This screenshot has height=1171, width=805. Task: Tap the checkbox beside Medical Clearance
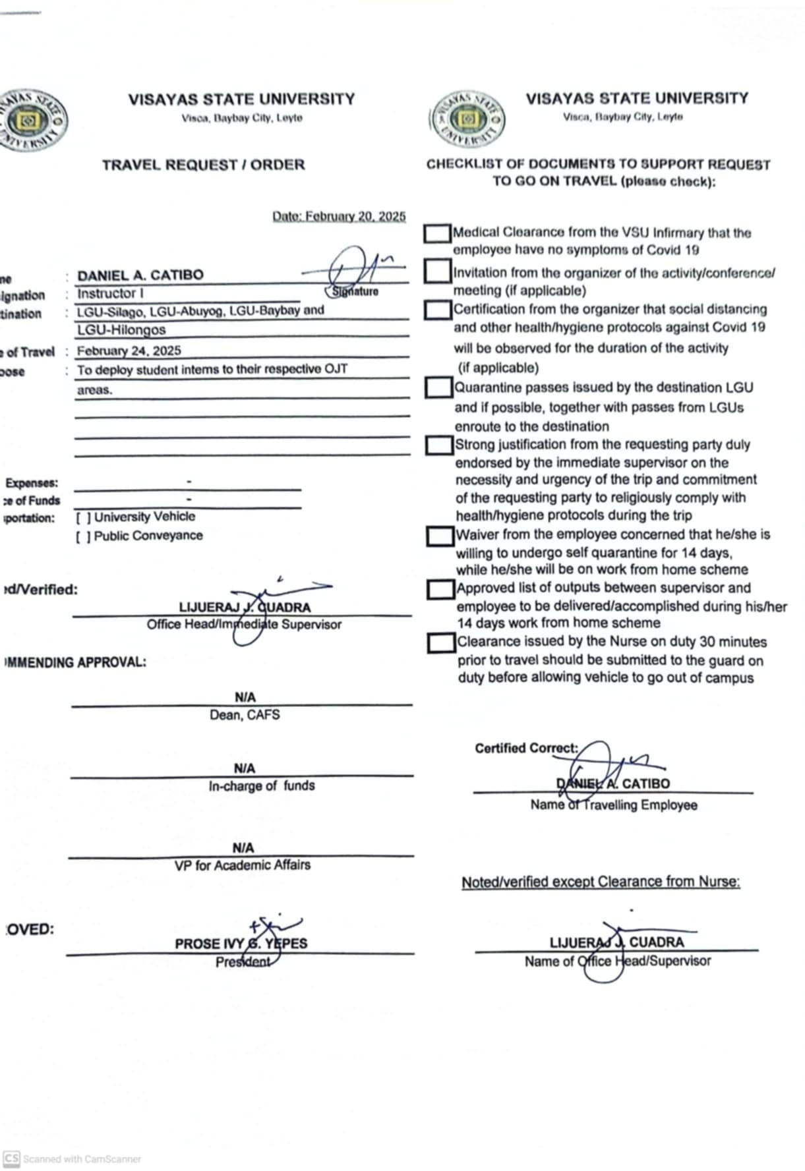point(437,233)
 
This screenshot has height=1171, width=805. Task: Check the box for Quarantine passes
point(438,387)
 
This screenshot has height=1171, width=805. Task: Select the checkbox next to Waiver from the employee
point(440,536)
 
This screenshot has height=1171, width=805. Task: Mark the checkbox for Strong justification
point(439,445)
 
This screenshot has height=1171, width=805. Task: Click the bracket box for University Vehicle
point(83,517)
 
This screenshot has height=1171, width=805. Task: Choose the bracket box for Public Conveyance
point(83,536)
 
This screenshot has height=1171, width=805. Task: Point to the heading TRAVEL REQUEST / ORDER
point(203,165)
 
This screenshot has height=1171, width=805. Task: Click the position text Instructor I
point(110,293)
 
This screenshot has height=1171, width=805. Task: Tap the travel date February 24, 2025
point(129,351)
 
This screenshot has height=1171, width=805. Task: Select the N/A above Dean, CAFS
point(245,697)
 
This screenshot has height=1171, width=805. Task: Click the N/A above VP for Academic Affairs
point(243,847)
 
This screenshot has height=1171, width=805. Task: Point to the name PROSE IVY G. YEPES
point(241,944)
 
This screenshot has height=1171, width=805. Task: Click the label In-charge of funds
point(262,785)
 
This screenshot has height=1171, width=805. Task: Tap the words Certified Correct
point(526,748)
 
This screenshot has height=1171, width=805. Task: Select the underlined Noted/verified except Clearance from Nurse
point(601,882)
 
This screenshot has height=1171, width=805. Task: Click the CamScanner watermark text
point(81,1158)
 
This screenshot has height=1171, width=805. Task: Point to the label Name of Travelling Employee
point(613,805)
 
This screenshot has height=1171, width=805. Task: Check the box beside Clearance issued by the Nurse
point(441,643)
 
